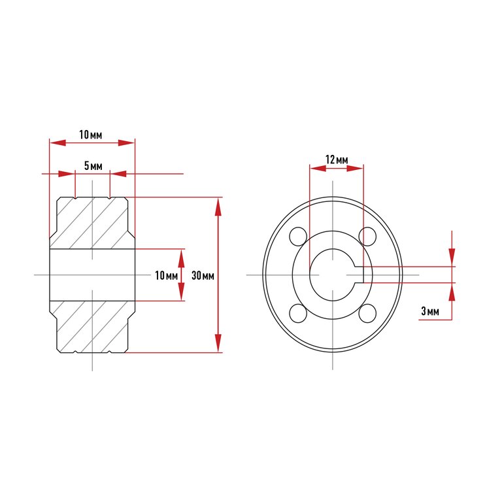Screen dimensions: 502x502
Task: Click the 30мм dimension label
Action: pos(203,275)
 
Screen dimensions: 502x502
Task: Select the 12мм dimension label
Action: pos(337,159)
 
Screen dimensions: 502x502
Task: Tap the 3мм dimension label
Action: pos(430,311)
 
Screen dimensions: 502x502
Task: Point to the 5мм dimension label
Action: pos(93,166)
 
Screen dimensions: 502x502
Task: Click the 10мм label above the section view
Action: pos(91,135)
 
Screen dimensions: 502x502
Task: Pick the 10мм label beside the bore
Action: pos(166,275)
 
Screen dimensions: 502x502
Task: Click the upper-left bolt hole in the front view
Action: pos(298,237)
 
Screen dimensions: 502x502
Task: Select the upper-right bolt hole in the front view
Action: pos(367,237)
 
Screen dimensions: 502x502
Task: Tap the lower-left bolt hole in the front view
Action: pos(298,313)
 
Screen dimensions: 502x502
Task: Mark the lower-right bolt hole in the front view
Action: pos(367,313)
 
